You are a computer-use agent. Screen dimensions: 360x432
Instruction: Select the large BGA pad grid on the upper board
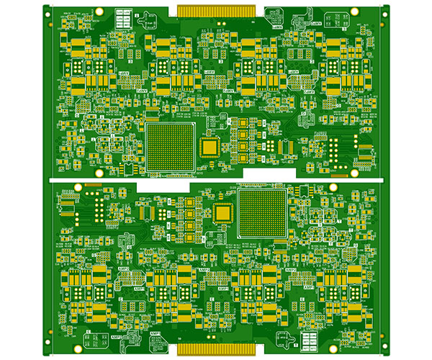[x=171, y=147]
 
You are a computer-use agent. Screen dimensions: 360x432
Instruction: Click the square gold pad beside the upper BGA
[x=210, y=147]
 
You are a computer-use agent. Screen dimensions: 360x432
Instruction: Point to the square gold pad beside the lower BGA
[x=223, y=212]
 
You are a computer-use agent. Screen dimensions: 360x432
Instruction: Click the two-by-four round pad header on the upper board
[x=335, y=150]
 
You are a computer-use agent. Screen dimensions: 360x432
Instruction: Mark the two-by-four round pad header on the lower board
[x=97, y=209]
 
